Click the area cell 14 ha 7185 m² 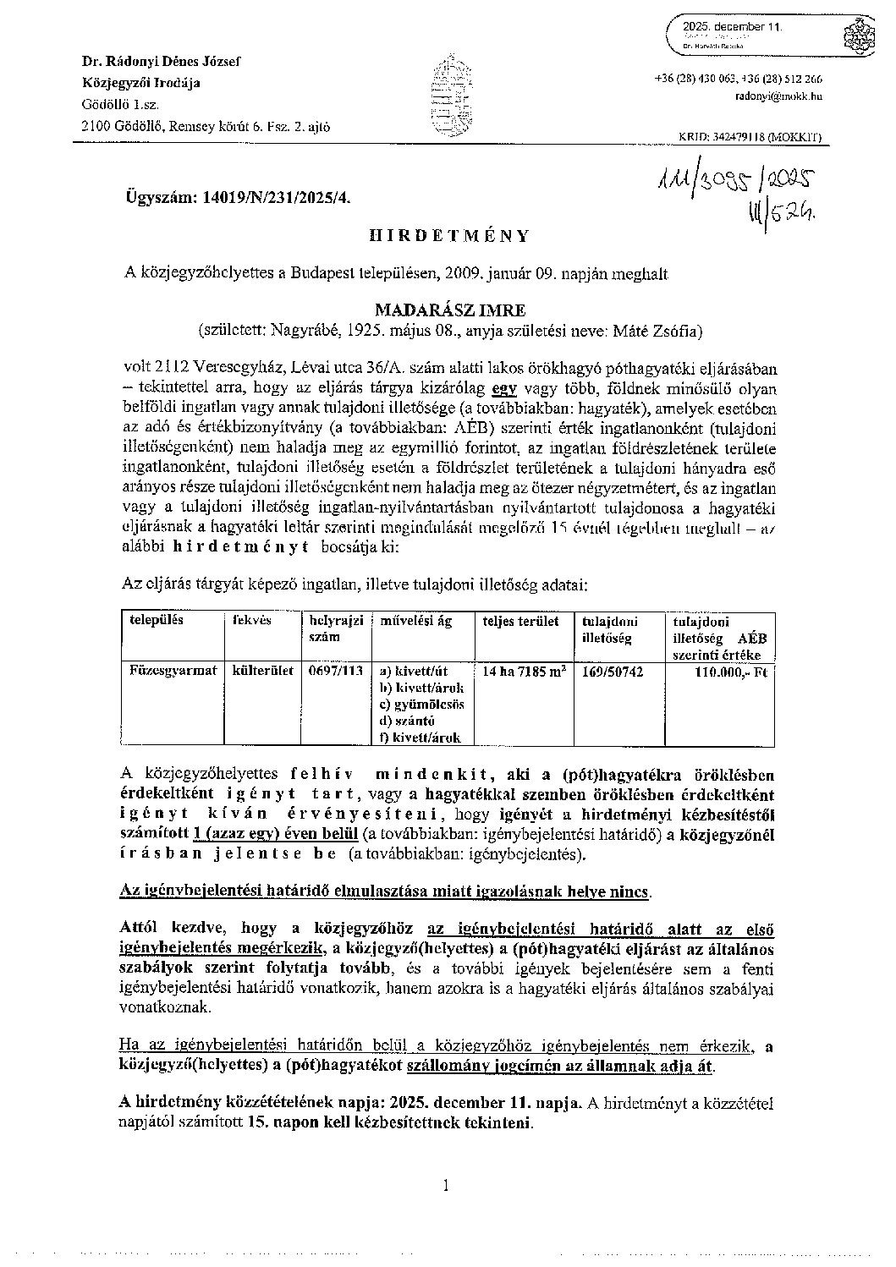pyautogui.click(x=524, y=671)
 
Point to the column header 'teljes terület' pyautogui.click(x=520, y=621)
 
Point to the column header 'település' pyautogui.click(x=156, y=620)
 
